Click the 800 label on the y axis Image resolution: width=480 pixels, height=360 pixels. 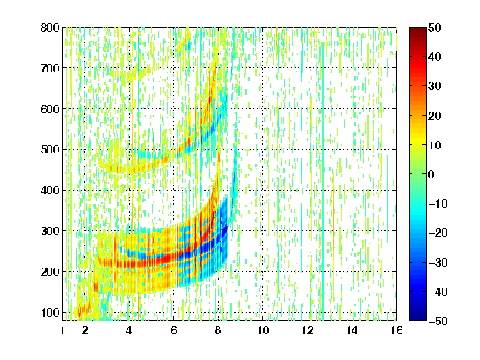tap(50, 27)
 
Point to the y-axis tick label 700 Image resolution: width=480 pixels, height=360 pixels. tap(50, 68)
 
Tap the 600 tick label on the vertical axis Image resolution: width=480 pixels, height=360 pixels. tap(50, 109)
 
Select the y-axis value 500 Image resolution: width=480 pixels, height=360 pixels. tap(50, 150)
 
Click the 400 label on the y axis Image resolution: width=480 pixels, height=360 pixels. tap(50, 190)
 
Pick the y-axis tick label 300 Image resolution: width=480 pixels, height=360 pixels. tap(50, 231)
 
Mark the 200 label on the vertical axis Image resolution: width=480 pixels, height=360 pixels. tap(50, 272)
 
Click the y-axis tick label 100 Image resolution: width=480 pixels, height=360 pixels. tap(50, 312)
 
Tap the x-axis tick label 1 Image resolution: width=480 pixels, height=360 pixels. tap(62, 330)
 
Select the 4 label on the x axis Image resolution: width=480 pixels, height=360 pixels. tap(129, 330)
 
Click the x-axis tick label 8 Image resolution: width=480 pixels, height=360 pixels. tap(218, 330)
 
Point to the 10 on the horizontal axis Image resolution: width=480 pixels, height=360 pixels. tap(263, 330)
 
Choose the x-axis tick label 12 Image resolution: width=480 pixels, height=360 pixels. tap(307, 330)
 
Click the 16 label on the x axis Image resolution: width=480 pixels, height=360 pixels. tap(397, 330)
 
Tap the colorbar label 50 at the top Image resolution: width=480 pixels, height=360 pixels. tap(434, 27)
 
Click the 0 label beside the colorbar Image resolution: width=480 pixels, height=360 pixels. tap(431, 174)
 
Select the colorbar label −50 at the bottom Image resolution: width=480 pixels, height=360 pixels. tap(438, 321)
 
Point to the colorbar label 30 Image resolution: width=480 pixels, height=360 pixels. tap(434, 87)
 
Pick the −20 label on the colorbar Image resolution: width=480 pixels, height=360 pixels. tap(438, 233)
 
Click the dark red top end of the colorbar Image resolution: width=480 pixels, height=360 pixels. tap(417, 28)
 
